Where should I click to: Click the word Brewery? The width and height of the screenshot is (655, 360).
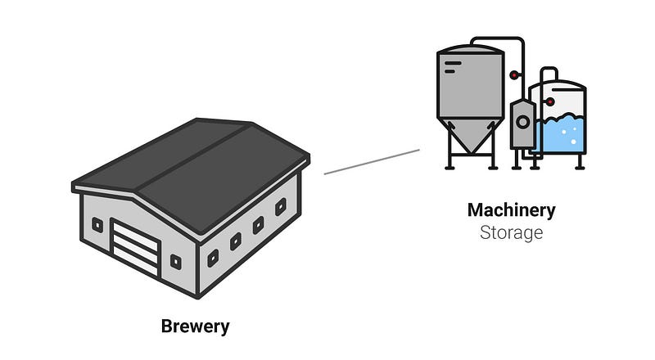[195, 326]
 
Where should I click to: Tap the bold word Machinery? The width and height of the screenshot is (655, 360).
[511, 210]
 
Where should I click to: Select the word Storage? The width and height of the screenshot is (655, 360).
[511, 232]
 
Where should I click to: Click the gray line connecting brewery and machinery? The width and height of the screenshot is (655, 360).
[372, 162]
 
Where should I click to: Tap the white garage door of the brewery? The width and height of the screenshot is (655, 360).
[135, 248]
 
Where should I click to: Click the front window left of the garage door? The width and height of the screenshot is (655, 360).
[97, 226]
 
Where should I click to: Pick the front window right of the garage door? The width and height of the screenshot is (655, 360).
[176, 262]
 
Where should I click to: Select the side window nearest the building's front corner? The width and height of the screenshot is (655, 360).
[213, 258]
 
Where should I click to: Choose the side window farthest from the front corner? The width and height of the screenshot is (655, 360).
[281, 207]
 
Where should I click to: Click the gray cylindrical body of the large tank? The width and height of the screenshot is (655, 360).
[470, 86]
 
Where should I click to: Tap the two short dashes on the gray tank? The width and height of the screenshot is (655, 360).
[452, 67]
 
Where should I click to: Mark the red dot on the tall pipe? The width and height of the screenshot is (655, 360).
[514, 75]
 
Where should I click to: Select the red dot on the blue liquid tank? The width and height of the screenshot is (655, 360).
[550, 101]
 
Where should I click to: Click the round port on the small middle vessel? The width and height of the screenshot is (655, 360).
[522, 122]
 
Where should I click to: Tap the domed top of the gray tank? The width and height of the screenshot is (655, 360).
[470, 48]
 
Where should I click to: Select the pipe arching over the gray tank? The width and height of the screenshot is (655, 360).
[497, 38]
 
